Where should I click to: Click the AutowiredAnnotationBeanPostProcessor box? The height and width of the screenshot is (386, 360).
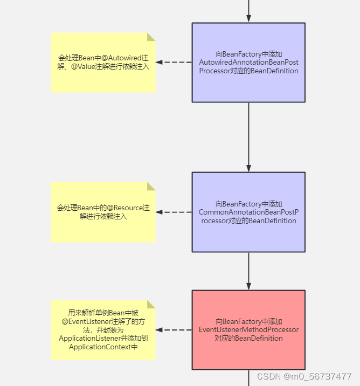click(x=248, y=62)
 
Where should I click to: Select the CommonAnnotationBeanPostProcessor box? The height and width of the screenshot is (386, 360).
click(x=248, y=212)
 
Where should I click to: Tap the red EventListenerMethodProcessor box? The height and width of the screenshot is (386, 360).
click(x=248, y=329)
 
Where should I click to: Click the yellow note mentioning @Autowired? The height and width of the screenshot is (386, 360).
click(x=103, y=62)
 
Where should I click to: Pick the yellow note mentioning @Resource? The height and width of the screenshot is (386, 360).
click(x=103, y=212)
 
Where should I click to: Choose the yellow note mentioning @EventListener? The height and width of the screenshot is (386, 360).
click(x=103, y=329)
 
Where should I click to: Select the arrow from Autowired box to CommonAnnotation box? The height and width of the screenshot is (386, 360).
click(x=248, y=137)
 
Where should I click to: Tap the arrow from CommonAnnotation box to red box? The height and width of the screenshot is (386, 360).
click(x=248, y=271)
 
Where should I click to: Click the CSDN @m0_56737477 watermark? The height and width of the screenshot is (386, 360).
click(x=304, y=376)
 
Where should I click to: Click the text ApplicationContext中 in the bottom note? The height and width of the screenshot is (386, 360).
click(x=103, y=347)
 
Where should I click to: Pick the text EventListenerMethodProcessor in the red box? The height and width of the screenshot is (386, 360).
click(x=248, y=329)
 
